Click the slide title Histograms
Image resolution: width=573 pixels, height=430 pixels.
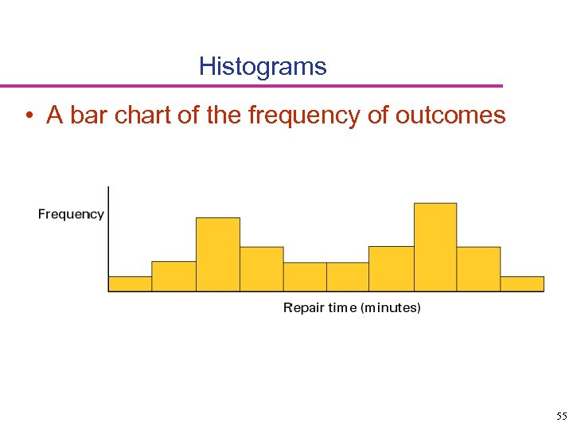(x=263, y=66)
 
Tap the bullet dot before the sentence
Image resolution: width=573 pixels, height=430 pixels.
(x=28, y=116)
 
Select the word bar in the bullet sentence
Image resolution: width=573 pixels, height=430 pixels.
(x=92, y=115)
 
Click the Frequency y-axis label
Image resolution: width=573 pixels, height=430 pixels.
(x=71, y=214)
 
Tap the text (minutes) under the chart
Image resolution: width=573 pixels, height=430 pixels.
(x=391, y=307)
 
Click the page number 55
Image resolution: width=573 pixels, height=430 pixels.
(x=561, y=416)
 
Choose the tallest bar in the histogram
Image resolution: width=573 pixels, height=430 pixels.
(x=435, y=247)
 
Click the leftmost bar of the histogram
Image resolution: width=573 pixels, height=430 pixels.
(x=130, y=283)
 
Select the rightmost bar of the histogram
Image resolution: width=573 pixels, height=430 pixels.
(x=522, y=283)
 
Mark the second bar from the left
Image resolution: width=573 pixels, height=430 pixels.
(x=173, y=276)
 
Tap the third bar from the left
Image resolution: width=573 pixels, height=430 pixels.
(x=218, y=255)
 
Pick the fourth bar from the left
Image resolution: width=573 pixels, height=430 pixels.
(x=262, y=269)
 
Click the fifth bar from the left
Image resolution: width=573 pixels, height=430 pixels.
(x=305, y=276)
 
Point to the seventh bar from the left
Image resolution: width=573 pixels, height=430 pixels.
(x=392, y=268)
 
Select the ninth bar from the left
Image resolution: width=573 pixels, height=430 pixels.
(x=478, y=269)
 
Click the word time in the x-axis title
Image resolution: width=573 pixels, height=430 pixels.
(x=343, y=307)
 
